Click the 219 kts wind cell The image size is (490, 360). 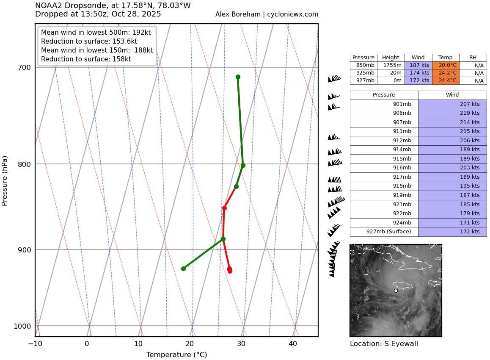[x=452, y=113]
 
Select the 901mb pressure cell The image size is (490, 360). [x=384, y=104]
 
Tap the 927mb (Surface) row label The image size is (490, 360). [x=384, y=232]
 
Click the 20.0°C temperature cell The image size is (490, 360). [x=445, y=65]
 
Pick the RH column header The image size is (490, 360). [x=473, y=58]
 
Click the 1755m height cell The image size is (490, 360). [x=390, y=65]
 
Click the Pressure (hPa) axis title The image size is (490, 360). [x=5, y=180]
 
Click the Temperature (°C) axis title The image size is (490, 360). [x=176, y=355]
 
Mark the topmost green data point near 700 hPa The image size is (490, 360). [x=238, y=77]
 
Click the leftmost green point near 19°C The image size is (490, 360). [x=183, y=269]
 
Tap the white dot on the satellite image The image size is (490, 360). [x=396, y=291]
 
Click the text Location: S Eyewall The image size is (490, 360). [x=384, y=344]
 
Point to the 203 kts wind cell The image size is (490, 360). [x=452, y=168]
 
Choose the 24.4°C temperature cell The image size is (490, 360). [x=445, y=80]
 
